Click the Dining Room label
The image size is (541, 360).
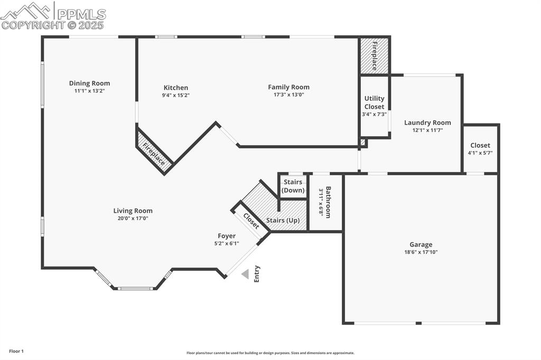point(89,83)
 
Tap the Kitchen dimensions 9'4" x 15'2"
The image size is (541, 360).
point(175,96)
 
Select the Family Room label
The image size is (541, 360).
point(288,87)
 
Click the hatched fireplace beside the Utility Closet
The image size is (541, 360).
point(375,55)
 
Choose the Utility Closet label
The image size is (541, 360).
point(374,102)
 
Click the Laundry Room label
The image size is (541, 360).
point(427,122)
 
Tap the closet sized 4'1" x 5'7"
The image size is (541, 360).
point(480,149)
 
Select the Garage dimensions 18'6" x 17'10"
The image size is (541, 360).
point(421,252)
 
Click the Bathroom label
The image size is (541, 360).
point(328,202)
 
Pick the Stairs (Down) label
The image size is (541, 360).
point(293,186)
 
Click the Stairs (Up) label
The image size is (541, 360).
point(286,221)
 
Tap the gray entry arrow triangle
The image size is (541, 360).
point(245,274)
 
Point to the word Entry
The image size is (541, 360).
point(257,273)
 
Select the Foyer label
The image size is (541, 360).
point(227,236)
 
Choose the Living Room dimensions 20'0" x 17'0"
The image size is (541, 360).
point(133,218)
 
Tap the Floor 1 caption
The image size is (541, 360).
point(16,351)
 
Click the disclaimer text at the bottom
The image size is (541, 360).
point(270,353)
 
